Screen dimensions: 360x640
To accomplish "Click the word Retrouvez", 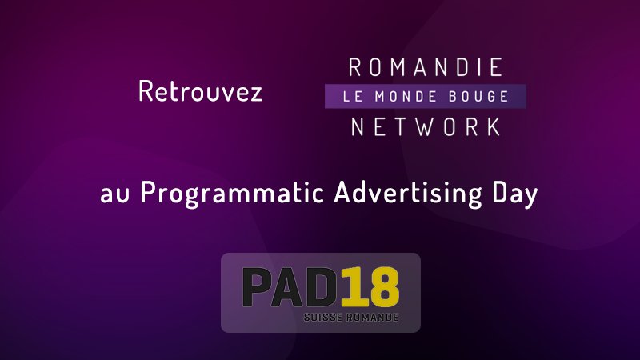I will (200, 92).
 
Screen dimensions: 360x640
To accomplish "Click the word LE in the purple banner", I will (350, 97).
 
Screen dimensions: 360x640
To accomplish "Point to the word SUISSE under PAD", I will (322, 318).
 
